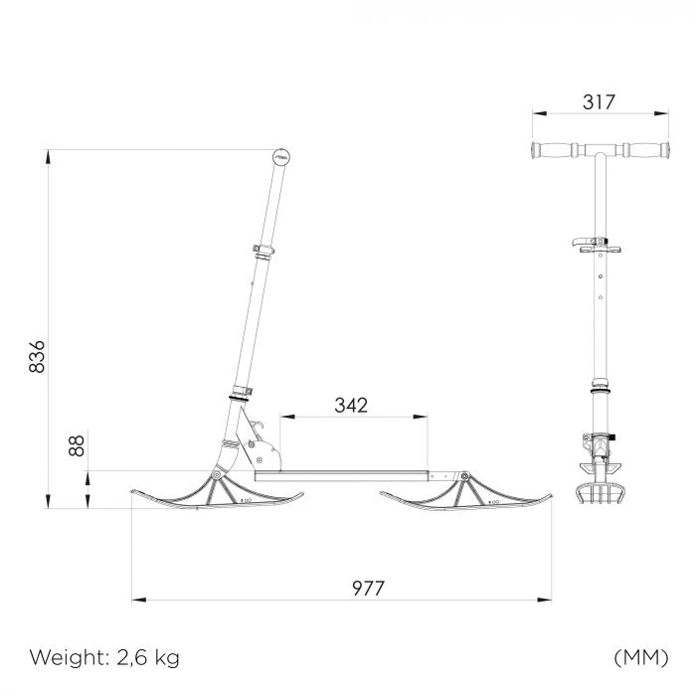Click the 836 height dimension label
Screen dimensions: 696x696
coord(37,356)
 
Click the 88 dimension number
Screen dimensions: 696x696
coord(77,445)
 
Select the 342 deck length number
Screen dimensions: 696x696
coord(351,406)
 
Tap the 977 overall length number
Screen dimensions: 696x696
coord(368,589)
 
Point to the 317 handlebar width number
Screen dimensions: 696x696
coord(599,102)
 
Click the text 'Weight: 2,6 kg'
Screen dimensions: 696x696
coord(104,657)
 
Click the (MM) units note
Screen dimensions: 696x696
coord(641,657)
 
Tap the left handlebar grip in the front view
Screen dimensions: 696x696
coord(554,150)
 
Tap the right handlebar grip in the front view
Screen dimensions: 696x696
coord(646,150)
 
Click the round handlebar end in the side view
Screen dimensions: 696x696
coord(281,157)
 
